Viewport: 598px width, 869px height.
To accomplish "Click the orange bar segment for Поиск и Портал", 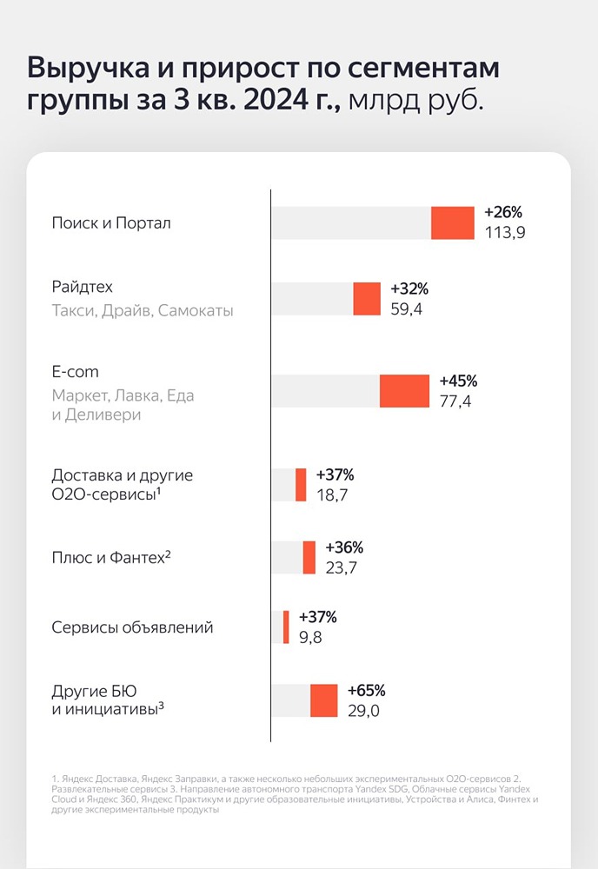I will click(453, 222).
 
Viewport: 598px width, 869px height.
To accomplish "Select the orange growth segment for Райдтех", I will click(367, 299).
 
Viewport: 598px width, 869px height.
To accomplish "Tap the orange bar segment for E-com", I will click(404, 391).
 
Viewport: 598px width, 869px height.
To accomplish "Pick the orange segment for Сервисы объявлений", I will click(286, 627).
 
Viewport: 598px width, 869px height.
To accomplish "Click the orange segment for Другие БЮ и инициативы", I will click(323, 700).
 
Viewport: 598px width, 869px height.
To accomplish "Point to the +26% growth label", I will click(503, 213).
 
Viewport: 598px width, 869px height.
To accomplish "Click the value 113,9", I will click(505, 233).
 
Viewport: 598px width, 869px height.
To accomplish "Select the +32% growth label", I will click(409, 289).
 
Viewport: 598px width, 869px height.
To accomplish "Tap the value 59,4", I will click(407, 309).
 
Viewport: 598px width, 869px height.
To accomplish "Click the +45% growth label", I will click(458, 381).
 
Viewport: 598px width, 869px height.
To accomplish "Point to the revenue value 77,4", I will click(455, 401).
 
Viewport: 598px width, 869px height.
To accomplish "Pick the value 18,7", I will click(332, 495).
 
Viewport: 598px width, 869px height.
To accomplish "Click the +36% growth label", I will click(343, 547).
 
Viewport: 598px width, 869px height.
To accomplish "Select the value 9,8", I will click(311, 637).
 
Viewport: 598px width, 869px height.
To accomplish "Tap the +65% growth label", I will click(365, 691).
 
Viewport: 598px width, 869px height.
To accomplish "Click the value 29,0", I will click(363, 711).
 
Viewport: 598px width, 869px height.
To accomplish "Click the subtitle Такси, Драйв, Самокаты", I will click(143, 310).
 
